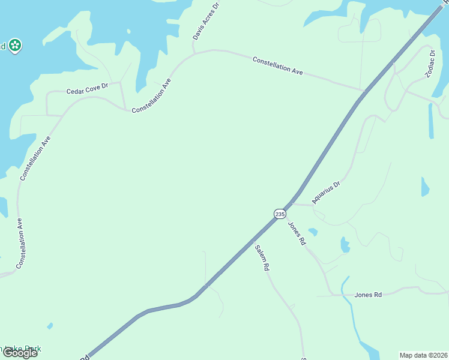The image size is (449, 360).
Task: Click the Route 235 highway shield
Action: (x=280, y=214)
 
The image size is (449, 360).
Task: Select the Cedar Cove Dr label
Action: (x=86, y=89)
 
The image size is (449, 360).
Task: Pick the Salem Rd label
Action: (x=261, y=259)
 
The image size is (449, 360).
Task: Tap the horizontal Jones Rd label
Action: (x=368, y=295)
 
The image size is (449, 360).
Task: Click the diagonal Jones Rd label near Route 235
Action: (x=297, y=234)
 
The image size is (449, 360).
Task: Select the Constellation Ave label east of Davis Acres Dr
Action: (x=277, y=65)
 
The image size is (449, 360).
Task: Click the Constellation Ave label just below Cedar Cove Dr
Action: (x=151, y=96)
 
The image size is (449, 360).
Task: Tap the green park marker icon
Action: (x=15, y=46)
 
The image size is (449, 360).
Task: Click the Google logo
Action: (x=20, y=352)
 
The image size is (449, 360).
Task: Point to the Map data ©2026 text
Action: (x=423, y=355)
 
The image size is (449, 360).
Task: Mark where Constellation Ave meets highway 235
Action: (x=364, y=91)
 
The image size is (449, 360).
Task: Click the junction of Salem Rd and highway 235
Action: (x=253, y=241)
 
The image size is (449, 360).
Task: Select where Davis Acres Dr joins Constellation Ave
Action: (x=194, y=54)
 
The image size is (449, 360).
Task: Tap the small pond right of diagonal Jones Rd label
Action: (x=313, y=232)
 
